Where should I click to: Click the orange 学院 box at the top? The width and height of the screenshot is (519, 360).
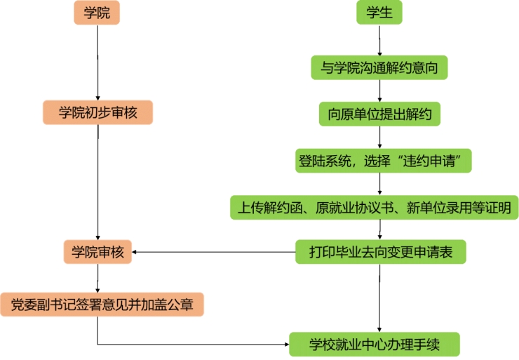[x=97, y=13]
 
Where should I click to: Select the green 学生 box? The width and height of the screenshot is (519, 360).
[x=379, y=13]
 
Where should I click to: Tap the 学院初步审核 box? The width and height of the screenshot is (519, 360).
[x=97, y=112]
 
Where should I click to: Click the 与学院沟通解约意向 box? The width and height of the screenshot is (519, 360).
[x=379, y=67]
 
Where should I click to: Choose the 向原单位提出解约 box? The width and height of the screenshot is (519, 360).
[x=379, y=112]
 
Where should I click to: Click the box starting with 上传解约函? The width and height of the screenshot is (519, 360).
[x=374, y=206]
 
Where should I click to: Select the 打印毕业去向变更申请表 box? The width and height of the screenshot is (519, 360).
[x=380, y=251]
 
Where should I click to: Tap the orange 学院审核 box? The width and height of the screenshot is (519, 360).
[x=97, y=252]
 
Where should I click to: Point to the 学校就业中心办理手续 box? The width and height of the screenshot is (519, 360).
[x=375, y=345]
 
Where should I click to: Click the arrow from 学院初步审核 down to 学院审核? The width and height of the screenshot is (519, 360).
[x=97, y=182]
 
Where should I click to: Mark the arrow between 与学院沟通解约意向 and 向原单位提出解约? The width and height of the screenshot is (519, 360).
[x=379, y=90]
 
